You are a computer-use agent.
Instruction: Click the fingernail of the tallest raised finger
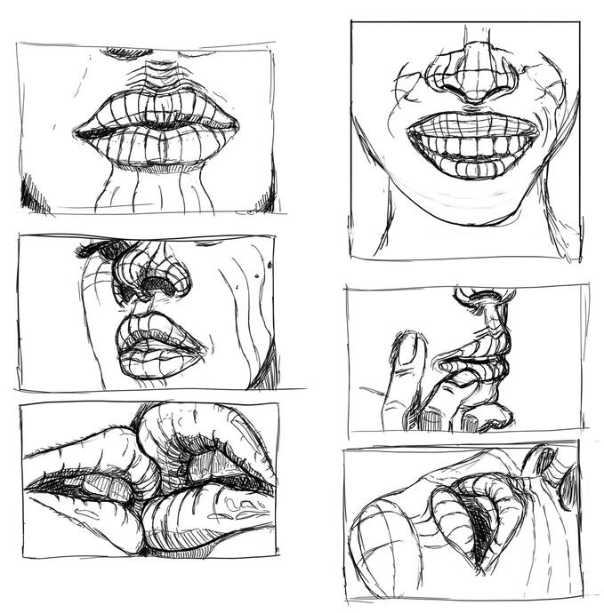point(408,350)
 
